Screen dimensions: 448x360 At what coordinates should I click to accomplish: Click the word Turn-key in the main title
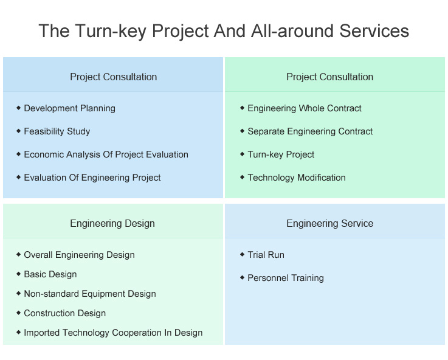pos(111,31)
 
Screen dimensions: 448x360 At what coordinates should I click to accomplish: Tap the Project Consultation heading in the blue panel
pos(114,77)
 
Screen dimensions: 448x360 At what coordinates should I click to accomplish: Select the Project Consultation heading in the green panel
pos(329,77)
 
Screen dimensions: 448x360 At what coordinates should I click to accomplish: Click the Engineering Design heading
pos(112,223)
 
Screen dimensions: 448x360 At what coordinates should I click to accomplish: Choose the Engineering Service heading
pos(329,223)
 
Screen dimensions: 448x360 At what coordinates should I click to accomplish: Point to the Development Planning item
pos(70,108)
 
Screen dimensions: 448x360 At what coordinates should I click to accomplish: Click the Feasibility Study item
pos(57,131)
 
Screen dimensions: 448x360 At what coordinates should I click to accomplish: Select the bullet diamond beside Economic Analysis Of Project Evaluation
pos(19,154)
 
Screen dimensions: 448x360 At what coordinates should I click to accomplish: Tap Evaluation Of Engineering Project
pos(92,178)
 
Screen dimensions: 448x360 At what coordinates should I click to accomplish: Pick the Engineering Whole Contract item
pos(305,108)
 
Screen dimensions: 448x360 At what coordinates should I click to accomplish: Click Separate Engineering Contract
pos(310,131)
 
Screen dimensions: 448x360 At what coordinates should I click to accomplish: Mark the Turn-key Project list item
pos(281,154)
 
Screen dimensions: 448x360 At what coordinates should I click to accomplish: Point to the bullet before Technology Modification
pos(243,177)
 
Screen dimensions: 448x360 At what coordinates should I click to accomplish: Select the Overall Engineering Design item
pos(79,255)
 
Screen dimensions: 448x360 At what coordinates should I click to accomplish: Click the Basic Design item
pos(50,274)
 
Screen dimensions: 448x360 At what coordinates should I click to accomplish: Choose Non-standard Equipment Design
pos(90,294)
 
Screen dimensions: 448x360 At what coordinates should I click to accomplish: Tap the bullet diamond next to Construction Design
pos(19,313)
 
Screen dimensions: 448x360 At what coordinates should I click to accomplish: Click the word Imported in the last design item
pos(42,333)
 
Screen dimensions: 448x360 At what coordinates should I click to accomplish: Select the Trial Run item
pos(266,255)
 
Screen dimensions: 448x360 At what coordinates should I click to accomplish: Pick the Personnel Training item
pos(286,278)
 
